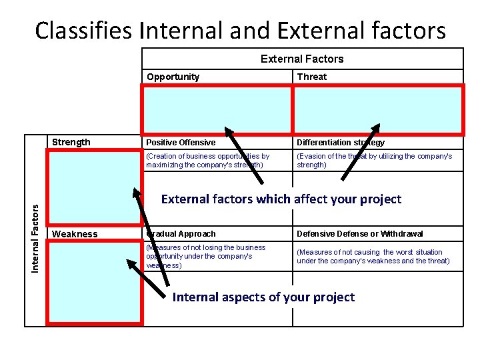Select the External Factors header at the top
click(301, 59)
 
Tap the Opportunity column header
click(173, 77)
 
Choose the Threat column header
click(311, 77)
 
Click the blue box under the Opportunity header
click(216, 110)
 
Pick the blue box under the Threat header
click(377, 110)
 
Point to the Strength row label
click(71, 142)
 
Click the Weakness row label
click(75, 234)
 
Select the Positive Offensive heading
click(181, 143)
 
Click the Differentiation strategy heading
click(341, 143)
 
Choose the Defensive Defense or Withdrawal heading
click(359, 234)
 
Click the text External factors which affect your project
click(281, 199)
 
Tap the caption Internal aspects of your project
click(263, 297)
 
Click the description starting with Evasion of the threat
click(374, 160)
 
